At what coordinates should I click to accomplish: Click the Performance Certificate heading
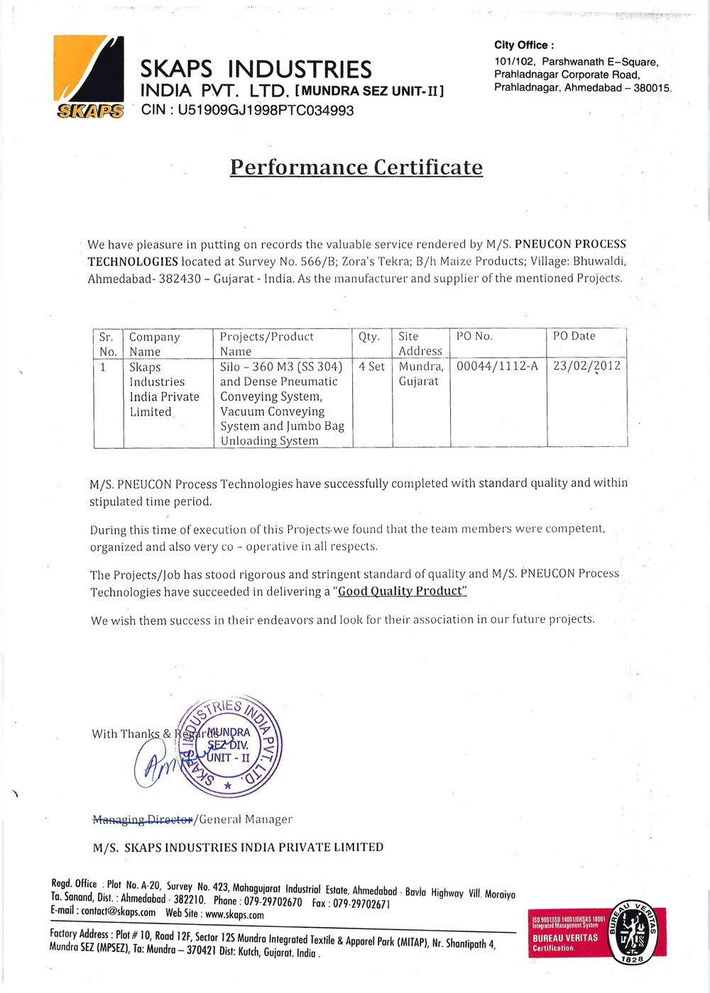356,167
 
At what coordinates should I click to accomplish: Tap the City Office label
524,45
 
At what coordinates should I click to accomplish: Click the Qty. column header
369,337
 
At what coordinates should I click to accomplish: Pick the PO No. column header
474,336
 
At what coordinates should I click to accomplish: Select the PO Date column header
574,336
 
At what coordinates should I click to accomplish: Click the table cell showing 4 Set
371,367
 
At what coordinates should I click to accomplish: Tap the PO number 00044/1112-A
497,367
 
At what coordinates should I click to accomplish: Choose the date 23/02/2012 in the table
586,367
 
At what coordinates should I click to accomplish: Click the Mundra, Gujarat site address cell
420,374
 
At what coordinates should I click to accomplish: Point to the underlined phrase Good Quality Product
402,592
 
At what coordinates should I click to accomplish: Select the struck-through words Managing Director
143,820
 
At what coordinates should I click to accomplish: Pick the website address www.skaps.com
234,915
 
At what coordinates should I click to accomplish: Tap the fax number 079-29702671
362,904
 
